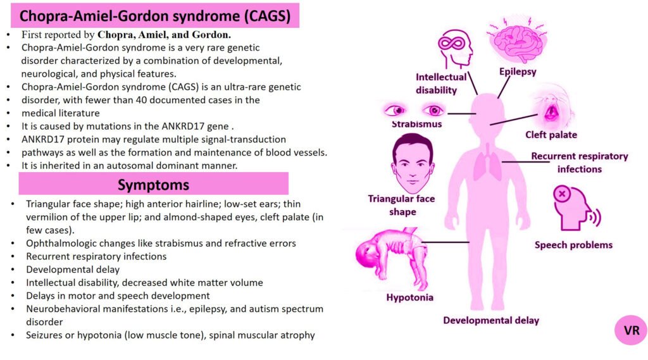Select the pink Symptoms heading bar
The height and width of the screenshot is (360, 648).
[x=153, y=184]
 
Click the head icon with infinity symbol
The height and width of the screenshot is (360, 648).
[x=455, y=49]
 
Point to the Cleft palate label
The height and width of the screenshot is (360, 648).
[x=551, y=135]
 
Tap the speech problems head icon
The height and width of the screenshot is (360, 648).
[x=575, y=208]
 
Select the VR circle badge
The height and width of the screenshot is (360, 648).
[x=631, y=330]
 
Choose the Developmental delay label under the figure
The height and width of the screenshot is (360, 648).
[x=491, y=320]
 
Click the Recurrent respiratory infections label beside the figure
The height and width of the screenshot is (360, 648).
[x=579, y=163]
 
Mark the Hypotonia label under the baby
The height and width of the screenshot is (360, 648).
[x=410, y=297]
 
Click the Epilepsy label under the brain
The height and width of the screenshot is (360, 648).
[x=517, y=71]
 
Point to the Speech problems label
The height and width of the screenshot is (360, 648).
[x=573, y=245]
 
